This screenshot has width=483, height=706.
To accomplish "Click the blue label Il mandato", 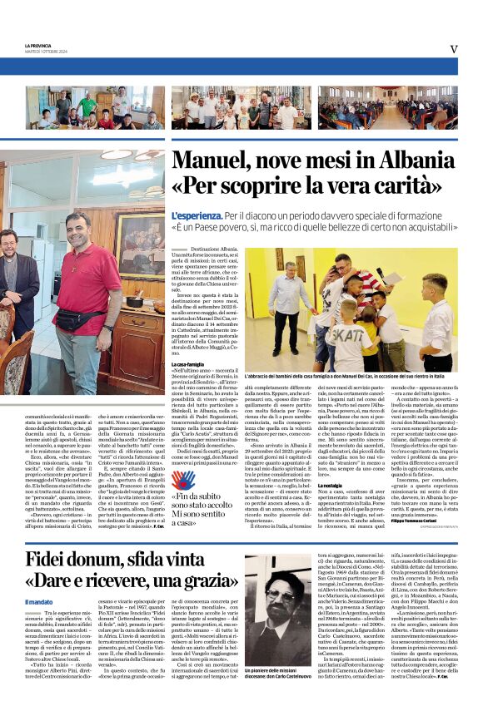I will point(39,601).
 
